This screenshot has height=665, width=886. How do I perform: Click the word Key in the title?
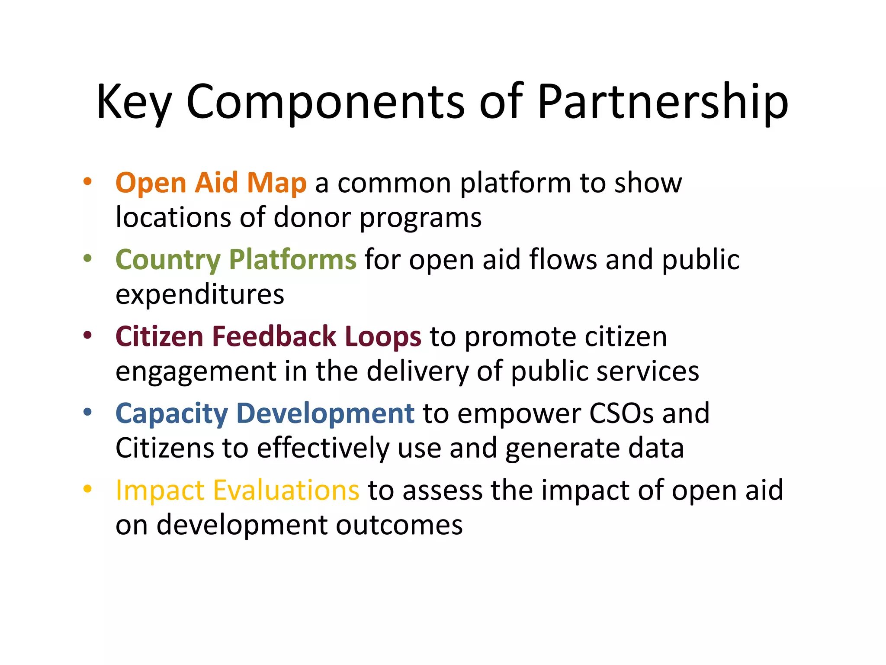[x=134, y=102]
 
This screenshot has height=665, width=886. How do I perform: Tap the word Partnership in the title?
[x=663, y=102]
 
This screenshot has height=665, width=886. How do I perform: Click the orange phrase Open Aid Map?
[x=211, y=183]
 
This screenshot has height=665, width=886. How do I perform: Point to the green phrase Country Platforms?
[x=236, y=260]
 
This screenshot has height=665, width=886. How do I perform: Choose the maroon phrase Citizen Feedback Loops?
[x=268, y=337]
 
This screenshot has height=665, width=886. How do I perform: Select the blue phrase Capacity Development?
[x=265, y=413]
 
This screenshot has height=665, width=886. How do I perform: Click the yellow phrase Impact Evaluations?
[x=237, y=491]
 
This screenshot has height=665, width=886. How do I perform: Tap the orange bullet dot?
[x=88, y=182]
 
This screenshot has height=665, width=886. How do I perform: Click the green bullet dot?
[x=88, y=259]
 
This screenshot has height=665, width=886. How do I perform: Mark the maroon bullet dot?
[x=88, y=336]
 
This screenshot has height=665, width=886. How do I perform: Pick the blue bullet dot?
[x=88, y=413]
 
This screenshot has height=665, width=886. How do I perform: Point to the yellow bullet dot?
[x=88, y=489]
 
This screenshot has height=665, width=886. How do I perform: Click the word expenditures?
[x=200, y=294]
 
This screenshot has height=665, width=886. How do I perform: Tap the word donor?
[x=312, y=217]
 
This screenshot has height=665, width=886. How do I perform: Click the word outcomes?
[x=399, y=525]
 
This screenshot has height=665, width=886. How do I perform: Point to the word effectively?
[x=323, y=449]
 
